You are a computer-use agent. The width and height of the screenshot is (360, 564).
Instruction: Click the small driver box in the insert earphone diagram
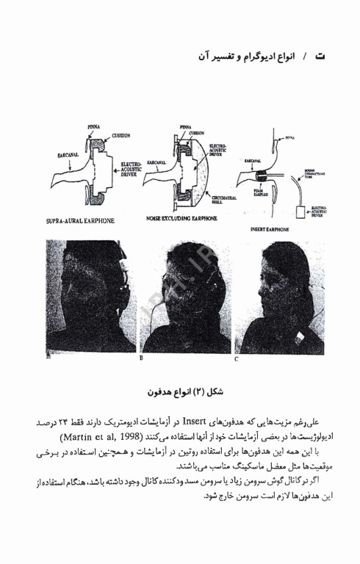pyautogui.click(x=298, y=213)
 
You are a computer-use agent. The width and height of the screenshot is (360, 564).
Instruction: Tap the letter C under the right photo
pyautogui.click(x=237, y=359)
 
